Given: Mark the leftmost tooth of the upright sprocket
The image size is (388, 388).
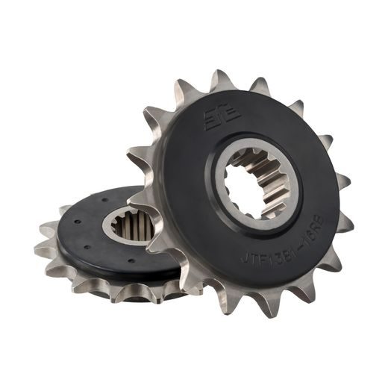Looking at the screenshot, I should [134, 157].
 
